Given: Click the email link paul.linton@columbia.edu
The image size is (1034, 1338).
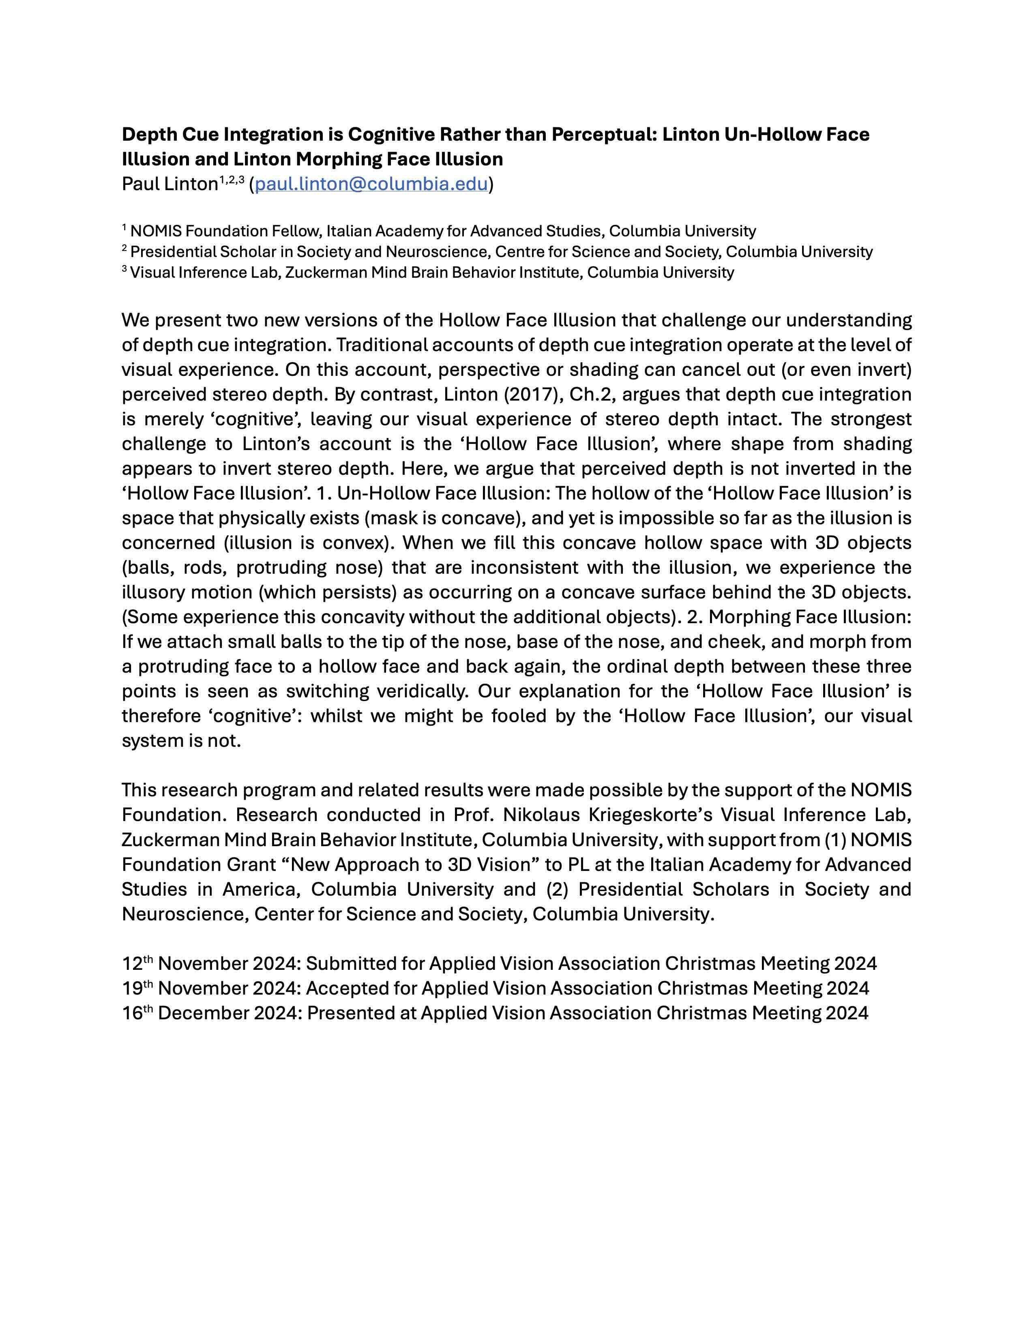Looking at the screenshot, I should pos(371,184).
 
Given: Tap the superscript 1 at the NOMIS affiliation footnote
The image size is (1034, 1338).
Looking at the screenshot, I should pos(124,228).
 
